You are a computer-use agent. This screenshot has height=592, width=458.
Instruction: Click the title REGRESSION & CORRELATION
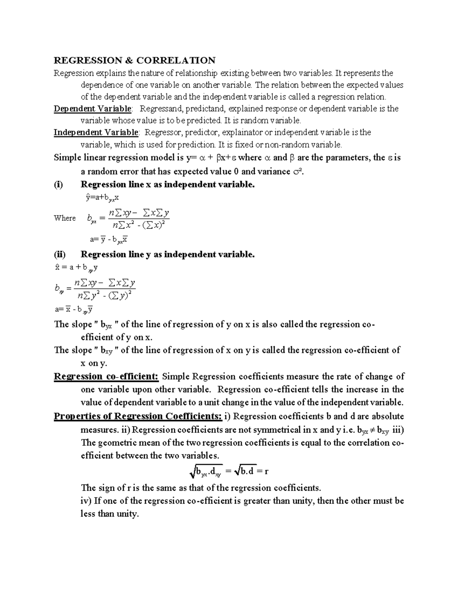[x=134, y=60]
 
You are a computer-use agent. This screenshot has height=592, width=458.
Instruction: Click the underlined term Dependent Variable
[x=93, y=109]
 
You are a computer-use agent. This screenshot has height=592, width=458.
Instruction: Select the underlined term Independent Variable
[x=96, y=132]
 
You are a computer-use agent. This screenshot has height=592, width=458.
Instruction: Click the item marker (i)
[x=59, y=184]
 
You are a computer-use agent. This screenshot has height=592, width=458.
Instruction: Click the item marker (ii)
[x=60, y=254]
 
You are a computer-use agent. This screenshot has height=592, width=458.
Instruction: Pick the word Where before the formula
[x=65, y=218]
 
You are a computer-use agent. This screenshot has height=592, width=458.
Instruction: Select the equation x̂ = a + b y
[x=76, y=268]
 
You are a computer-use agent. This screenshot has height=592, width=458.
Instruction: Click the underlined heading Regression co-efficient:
[x=106, y=377]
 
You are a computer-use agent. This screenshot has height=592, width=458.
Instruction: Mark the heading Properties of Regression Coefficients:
[x=137, y=416]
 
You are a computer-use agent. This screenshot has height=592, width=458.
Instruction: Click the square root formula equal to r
[x=229, y=472]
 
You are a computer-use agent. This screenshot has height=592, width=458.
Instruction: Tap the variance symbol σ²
[x=297, y=171]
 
